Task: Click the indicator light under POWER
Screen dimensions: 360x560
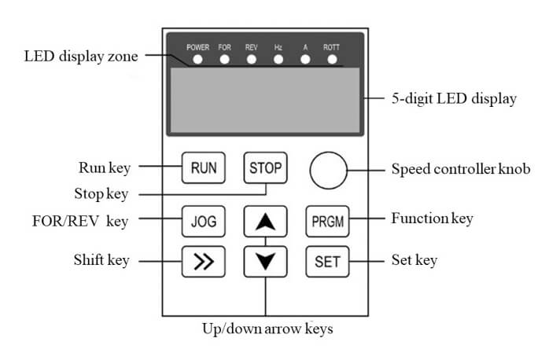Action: (x=197, y=59)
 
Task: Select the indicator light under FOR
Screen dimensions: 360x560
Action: (x=225, y=59)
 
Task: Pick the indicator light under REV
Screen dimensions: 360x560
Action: (x=252, y=59)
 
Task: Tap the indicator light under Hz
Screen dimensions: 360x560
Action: (x=278, y=59)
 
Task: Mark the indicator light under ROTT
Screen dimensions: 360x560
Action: (x=332, y=59)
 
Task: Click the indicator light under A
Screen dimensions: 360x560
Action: (x=305, y=59)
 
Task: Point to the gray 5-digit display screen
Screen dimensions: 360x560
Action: (x=264, y=100)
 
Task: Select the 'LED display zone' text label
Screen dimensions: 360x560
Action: (x=80, y=56)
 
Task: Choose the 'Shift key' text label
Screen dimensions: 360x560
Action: (x=100, y=260)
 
